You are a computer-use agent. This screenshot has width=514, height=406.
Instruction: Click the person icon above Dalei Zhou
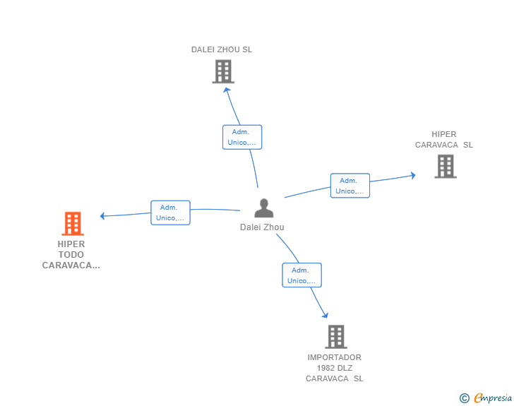(264, 208)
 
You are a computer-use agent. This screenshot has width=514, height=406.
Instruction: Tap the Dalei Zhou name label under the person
(262, 227)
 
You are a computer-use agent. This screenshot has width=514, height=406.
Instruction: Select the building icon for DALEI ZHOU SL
(223, 71)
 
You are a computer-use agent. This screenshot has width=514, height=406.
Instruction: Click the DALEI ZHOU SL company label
(222, 49)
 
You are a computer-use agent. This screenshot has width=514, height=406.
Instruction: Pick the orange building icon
(73, 224)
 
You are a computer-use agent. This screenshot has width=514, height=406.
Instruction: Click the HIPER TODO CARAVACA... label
(71, 254)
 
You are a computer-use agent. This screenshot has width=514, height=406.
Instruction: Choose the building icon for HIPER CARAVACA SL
(446, 166)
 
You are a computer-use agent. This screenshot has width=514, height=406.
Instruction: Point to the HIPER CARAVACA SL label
(444, 139)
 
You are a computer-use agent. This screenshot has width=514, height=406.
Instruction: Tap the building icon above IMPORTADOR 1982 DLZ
(336, 337)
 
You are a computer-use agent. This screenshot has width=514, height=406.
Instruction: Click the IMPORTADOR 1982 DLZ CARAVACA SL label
(335, 368)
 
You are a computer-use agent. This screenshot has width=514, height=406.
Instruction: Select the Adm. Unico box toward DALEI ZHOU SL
(242, 137)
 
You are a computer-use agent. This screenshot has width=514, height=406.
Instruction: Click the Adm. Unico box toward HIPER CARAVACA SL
(350, 186)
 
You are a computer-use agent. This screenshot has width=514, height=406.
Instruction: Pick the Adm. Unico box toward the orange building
(170, 213)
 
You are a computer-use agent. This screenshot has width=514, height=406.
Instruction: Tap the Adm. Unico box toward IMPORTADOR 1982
(302, 275)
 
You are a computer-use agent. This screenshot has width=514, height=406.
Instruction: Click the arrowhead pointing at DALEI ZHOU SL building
(227, 90)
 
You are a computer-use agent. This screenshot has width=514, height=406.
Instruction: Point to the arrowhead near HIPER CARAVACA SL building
(413, 175)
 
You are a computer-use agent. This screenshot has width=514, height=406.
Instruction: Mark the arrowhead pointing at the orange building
(102, 216)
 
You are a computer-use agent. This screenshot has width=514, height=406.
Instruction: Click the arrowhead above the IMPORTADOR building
(325, 315)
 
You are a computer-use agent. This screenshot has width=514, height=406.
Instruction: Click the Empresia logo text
(493, 398)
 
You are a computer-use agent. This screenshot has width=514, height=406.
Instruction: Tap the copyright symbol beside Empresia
(464, 398)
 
